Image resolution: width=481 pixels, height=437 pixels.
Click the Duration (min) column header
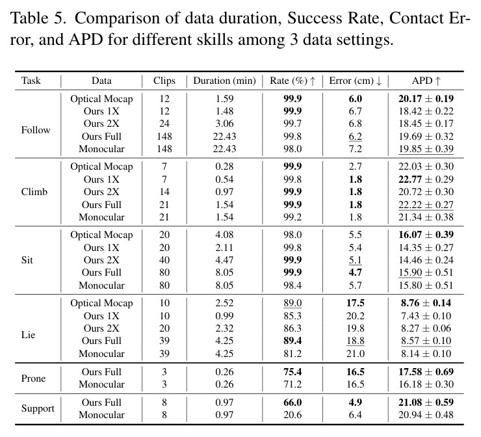point(224,81)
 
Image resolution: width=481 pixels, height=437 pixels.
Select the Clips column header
point(164,81)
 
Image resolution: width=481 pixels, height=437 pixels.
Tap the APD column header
point(426,81)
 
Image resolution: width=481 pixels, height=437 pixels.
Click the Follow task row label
point(36,130)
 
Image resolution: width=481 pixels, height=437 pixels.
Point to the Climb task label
point(34,192)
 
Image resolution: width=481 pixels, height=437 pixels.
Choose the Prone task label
point(33,378)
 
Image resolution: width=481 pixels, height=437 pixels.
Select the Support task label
point(38,408)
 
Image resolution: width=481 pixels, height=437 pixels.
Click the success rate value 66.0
point(292,403)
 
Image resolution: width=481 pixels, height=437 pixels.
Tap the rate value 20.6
point(292,415)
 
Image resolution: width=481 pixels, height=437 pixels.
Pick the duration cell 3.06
point(224,124)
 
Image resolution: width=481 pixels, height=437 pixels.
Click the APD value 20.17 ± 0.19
point(426,98)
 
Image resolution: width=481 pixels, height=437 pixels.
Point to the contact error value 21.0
point(356,354)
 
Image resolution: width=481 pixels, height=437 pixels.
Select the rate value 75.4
point(292,372)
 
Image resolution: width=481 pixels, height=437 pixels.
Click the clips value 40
point(164,260)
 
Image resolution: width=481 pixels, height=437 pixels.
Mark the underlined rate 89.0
point(292,303)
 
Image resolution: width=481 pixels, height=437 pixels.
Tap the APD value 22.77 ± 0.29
point(426,179)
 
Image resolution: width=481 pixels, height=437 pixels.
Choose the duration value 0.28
point(224,166)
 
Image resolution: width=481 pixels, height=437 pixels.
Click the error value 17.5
point(356,303)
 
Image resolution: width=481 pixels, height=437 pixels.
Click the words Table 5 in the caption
point(38,18)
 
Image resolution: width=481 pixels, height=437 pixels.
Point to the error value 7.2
point(356,149)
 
